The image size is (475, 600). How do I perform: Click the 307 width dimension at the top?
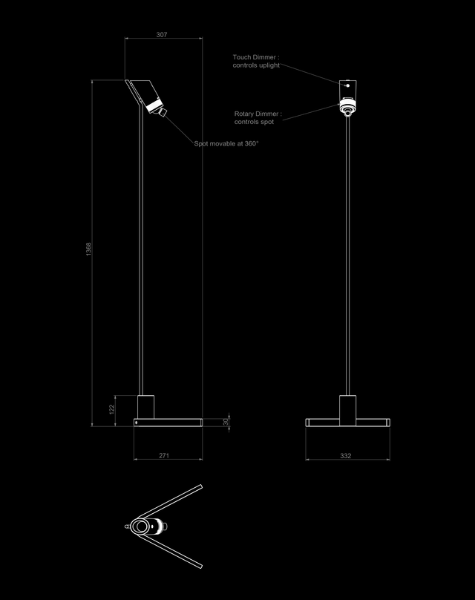tap(162, 34)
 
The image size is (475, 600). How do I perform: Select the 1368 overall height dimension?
tap(88, 250)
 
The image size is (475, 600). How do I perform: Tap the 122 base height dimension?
tap(112, 409)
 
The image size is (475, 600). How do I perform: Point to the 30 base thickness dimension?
tap(226, 422)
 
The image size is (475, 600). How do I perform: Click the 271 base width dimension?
tap(165, 455)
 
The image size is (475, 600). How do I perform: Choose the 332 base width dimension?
tap(345, 455)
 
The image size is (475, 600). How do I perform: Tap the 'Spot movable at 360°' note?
tap(226, 143)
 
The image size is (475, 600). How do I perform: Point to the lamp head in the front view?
tap(347, 97)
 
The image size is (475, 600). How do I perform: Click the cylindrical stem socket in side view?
tap(145, 407)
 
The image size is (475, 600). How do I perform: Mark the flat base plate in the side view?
tap(168, 423)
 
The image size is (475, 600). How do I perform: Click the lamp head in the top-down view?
tap(147, 527)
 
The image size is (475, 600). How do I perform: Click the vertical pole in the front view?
tap(348, 252)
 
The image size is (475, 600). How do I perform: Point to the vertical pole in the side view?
tap(142, 252)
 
